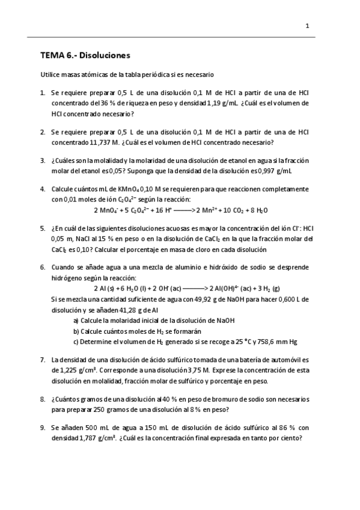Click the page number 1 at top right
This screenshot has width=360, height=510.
pyautogui.click(x=307, y=26)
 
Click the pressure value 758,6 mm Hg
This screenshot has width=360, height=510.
pyautogui.click(x=276, y=342)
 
